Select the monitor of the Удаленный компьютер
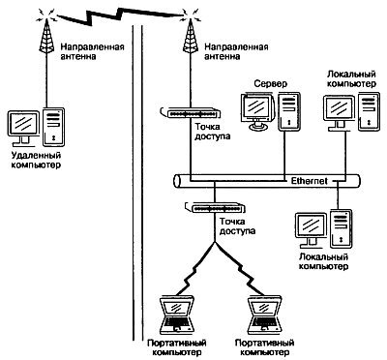pyautogui.click(x=23, y=125)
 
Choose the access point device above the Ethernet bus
pyautogui.click(x=189, y=113)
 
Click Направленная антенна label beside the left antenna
pyautogui.click(x=92, y=50)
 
